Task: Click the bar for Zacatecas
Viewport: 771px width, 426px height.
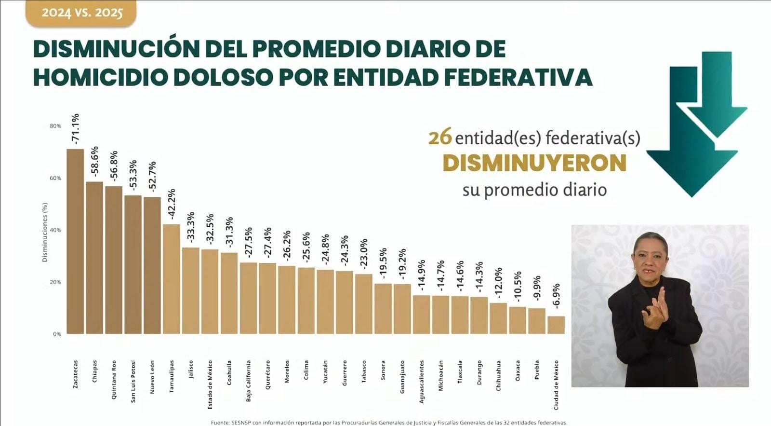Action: pyautogui.click(x=75, y=241)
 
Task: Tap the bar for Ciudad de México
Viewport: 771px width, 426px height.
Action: pyautogui.click(x=556, y=325)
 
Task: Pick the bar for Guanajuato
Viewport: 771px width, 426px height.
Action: pyautogui.click(x=402, y=309)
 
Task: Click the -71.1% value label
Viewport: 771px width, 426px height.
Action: pyautogui.click(x=75, y=129)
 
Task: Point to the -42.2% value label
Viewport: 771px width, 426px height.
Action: pyautogui.click(x=172, y=204)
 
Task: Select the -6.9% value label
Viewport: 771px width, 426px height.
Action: pyautogui.click(x=556, y=296)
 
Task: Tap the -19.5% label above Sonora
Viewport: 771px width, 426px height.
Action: pyautogui.click(x=383, y=263)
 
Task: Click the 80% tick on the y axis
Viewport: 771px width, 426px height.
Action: pyautogui.click(x=55, y=126)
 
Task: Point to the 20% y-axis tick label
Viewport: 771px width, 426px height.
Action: pyautogui.click(x=55, y=282)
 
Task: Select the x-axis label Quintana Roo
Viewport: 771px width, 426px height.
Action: pyautogui.click(x=114, y=379)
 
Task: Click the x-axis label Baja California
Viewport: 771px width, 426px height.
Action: pyautogui.click(x=249, y=381)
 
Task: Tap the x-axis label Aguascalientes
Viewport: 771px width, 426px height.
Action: pyautogui.click(x=422, y=382)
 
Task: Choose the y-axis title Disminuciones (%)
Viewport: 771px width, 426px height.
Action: pyautogui.click(x=45, y=232)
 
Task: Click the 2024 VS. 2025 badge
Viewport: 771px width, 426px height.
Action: pyautogui.click(x=81, y=13)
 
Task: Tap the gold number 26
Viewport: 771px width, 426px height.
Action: pyautogui.click(x=439, y=137)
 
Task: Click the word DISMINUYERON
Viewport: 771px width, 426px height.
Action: pyautogui.click(x=534, y=163)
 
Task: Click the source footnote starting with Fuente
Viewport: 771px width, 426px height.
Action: pyautogui.click(x=388, y=423)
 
